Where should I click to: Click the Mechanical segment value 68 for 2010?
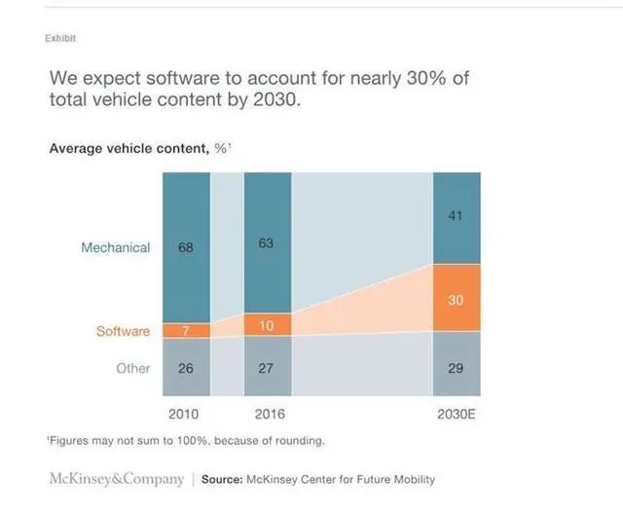pos(186,247)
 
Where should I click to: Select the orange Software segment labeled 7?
pos(186,331)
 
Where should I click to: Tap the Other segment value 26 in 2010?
pos(186,369)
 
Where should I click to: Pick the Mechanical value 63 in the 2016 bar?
pos(266,243)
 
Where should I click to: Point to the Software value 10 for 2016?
pos(266,325)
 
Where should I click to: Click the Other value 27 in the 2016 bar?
pos(266,369)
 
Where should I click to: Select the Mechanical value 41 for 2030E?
pos(456,216)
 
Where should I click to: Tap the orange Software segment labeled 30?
pos(456,300)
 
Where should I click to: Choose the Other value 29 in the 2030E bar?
pos(456,368)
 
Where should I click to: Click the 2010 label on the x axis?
pos(186,415)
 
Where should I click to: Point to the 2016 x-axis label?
pos(266,415)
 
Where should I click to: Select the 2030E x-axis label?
pos(456,415)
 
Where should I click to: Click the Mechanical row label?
pos(115,247)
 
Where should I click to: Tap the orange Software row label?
pos(123,331)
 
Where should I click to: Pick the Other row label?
pos(133,369)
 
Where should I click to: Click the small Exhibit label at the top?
pos(60,38)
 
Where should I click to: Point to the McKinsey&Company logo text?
pos(117,479)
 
